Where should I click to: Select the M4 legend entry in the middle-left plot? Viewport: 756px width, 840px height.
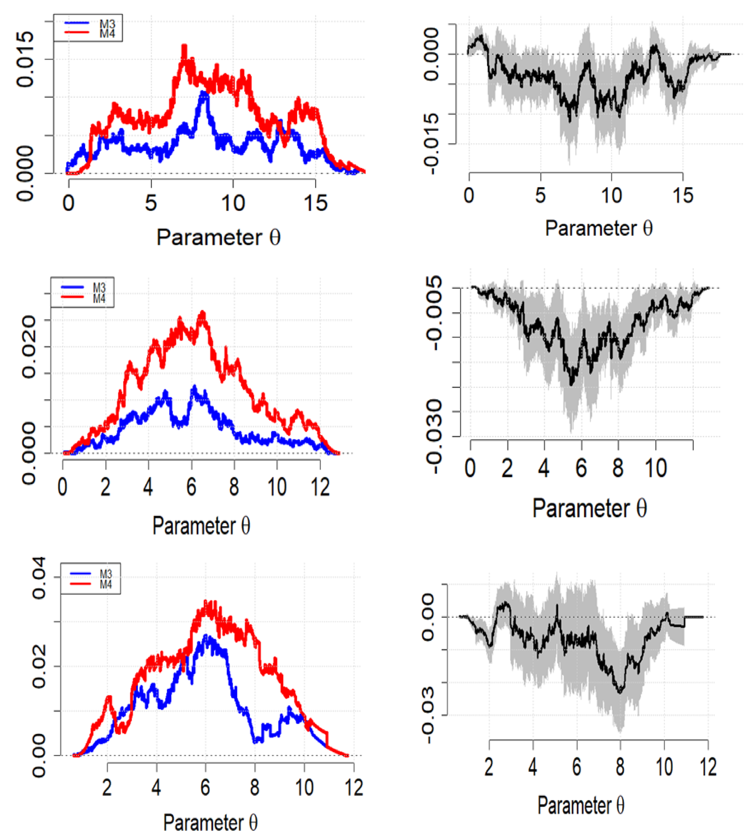click(x=99, y=299)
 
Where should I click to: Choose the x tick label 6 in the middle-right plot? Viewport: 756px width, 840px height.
click(x=581, y=468)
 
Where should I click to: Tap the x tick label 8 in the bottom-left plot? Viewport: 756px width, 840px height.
click(x=254, y=787)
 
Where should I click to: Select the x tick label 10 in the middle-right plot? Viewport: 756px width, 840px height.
click(x=656, y=468)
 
